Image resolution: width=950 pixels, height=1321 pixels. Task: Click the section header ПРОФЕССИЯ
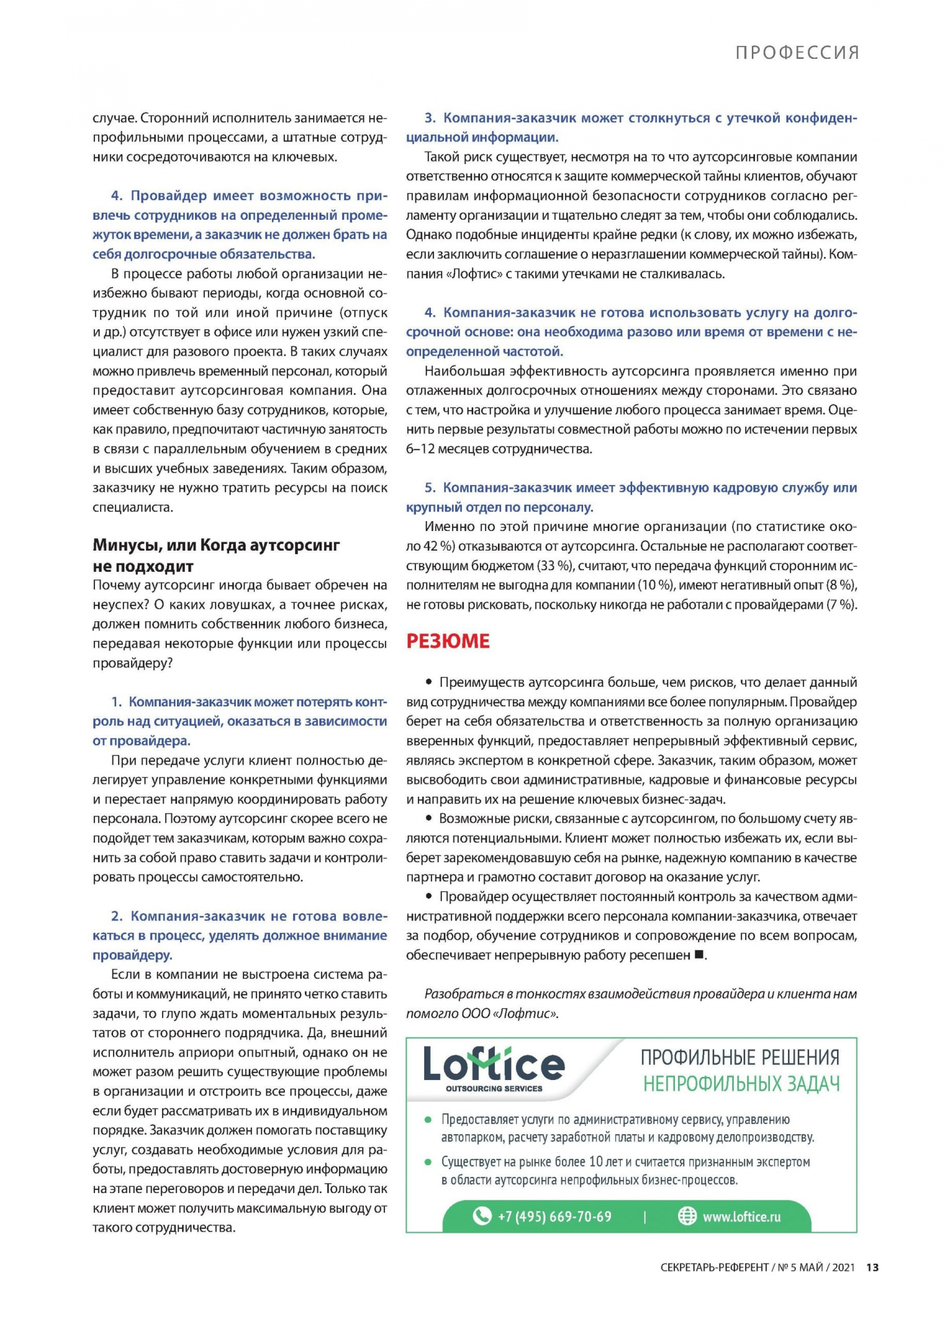pos(797,53)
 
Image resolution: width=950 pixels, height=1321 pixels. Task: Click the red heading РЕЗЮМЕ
pos(447,641)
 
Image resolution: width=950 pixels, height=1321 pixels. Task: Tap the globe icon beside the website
pos(687,1216)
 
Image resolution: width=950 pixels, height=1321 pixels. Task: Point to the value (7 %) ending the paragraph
pos(841,605)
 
